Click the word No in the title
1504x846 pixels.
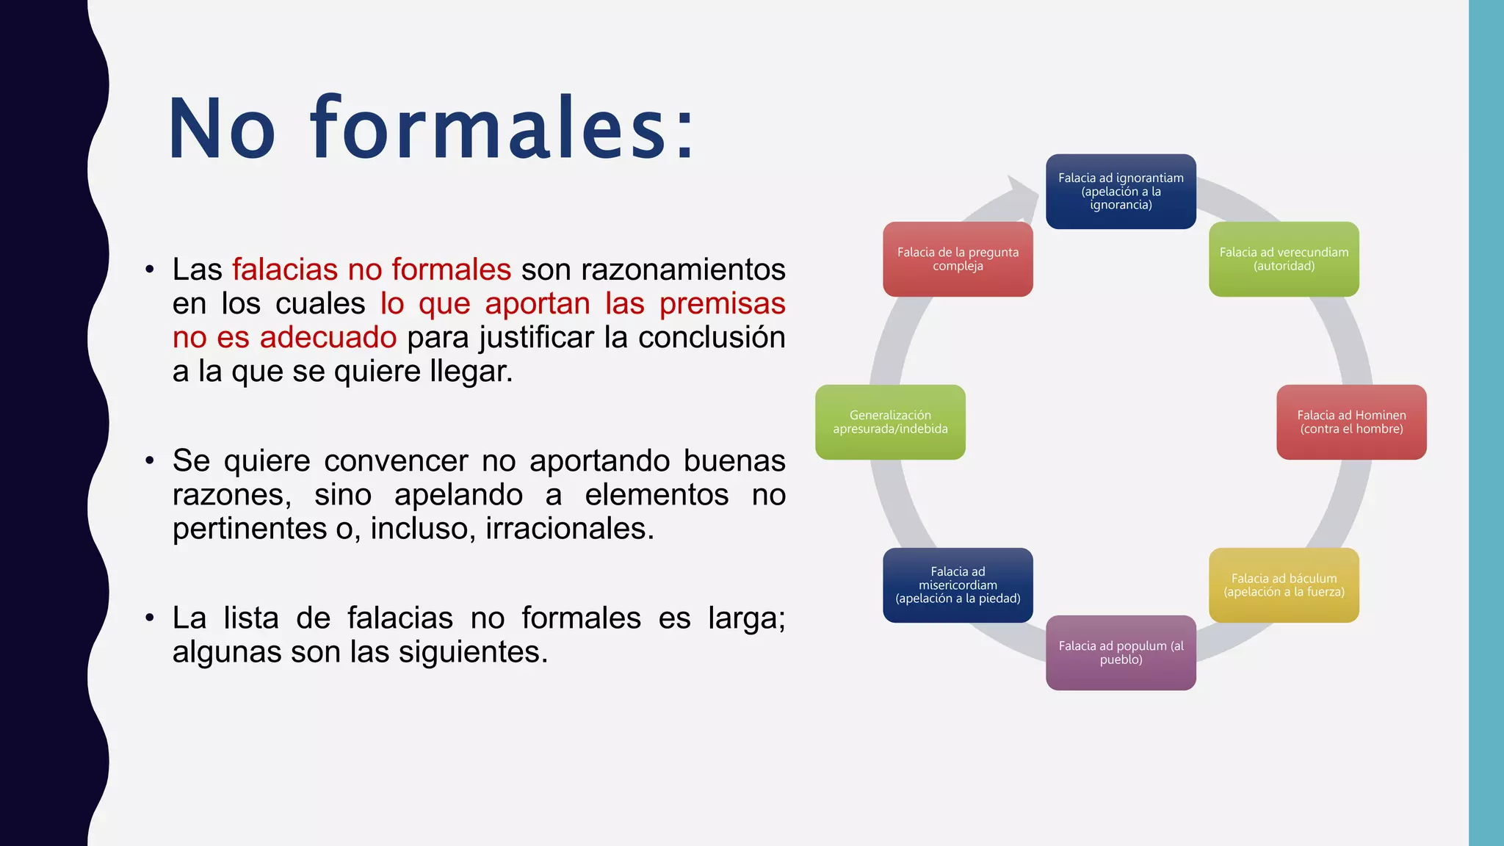tap(222, 129)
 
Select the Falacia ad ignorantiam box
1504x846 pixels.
tap(1121, 191)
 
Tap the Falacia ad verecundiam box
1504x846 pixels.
tap(1284, 258)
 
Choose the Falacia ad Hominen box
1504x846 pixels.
tap(1351, 422)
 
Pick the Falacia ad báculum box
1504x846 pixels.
tap(1284, 585)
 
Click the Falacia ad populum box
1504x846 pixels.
tap(1121, 653)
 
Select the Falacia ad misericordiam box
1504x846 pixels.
tap(958, 585)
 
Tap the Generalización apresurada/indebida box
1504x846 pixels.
tap(890, 422)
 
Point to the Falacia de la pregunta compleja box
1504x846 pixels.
tap(958, 258)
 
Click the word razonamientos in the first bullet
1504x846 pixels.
tap(683, 270)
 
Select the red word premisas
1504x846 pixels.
tap(722, 304)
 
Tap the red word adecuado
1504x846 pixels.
tap(328, 338)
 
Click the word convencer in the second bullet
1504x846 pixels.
tap(395, 461)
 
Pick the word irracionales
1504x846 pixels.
tap(569, 529)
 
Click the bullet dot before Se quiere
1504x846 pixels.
tap(150, 461)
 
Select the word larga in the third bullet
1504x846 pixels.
tap(746, 618)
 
